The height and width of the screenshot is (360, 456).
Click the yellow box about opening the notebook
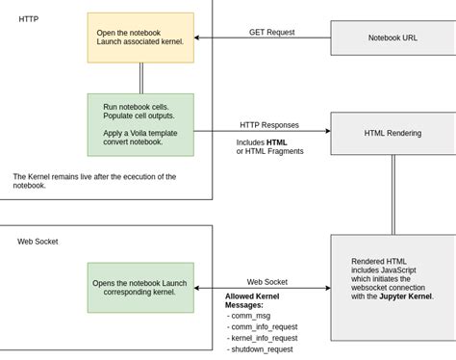(x=140, y=37)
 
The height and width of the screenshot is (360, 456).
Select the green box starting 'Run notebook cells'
(x=140, y=124)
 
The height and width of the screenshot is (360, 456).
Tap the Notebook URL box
(x=393, y=38)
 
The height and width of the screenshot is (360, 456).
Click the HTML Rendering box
(x=393, y=133)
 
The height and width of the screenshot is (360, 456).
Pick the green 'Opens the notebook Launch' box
(x=140, y=288)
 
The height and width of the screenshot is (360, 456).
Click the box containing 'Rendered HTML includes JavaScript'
(x=393, y=279)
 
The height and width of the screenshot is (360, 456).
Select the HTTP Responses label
(x=269, y=125)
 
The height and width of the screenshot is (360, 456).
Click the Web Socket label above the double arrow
(x=268, y=282)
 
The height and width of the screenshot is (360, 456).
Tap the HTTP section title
(x=29, y=18)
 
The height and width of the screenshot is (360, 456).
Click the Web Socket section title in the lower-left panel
(x=38, y=241)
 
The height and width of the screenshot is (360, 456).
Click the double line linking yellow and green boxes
(x=141, y=77)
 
